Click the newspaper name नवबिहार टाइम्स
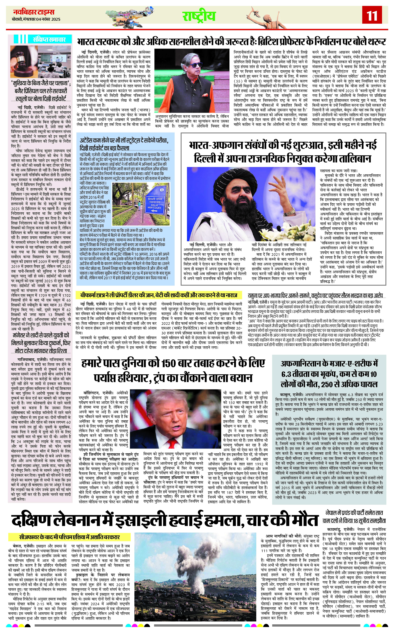pos(34,12)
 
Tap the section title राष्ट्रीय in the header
pos(199,16)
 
